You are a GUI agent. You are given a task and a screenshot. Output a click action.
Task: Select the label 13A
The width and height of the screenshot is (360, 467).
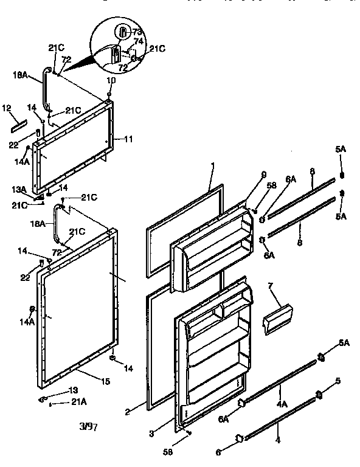click(x=20, y=189)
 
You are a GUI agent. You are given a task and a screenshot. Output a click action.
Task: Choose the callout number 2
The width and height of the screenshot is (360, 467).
click(x=127, y=412)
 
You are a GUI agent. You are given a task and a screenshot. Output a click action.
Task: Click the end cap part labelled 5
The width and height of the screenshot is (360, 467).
click(x=318, y=398)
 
